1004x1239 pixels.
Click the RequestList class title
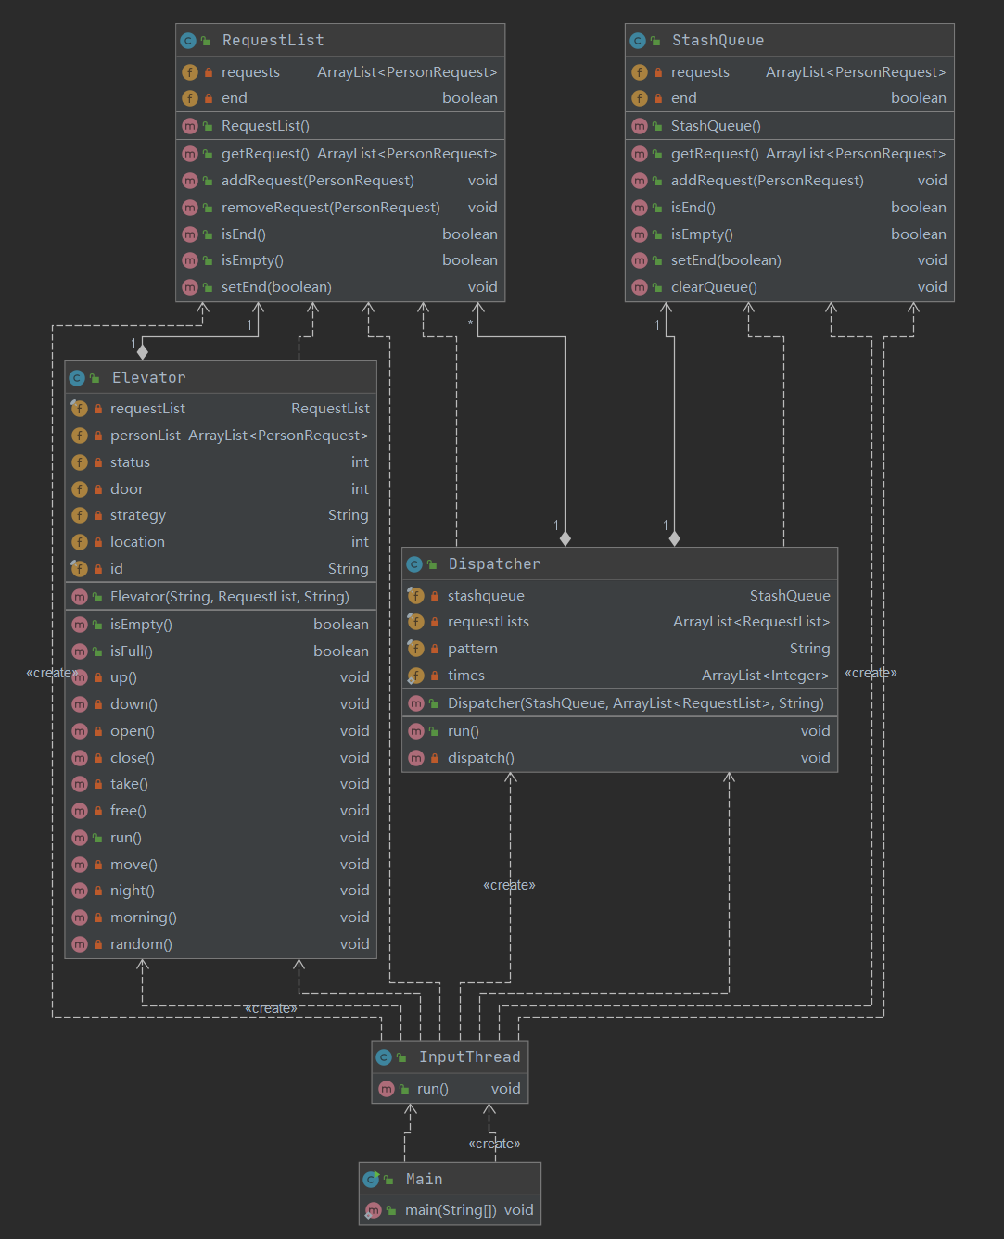[x=273, y=41]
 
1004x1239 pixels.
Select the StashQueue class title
[x=718, y=41]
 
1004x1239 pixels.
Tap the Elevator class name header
[x=148, y=378]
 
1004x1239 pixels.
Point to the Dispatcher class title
[x=494, y=564]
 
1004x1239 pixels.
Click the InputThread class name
[x=469, y=1057]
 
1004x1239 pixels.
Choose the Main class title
[x=424, y=1180]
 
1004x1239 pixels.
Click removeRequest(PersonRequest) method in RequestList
[x=330, y=208]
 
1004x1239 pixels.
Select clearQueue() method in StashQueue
[x=714, y=287]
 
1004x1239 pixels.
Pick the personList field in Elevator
[x=146, y=436]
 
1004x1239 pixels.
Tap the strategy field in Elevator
[x=138, y=515]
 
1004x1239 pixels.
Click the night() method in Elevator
[x=133, y=891]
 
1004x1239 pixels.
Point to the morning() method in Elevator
[x=144, y=917]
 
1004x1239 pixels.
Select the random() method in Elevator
[x=141, y=944]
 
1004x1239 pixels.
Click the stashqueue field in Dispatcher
[x=486, y=596]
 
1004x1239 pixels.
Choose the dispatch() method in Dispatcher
[x=480, y=758]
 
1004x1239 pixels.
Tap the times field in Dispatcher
[x=466, y=676]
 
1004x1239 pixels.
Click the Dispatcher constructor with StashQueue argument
[x=635, y=703]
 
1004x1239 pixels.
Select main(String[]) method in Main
[x=451, y=1210]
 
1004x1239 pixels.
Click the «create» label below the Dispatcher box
[x=509, y=886]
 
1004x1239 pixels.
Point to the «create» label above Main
[x=494, y=1144]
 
